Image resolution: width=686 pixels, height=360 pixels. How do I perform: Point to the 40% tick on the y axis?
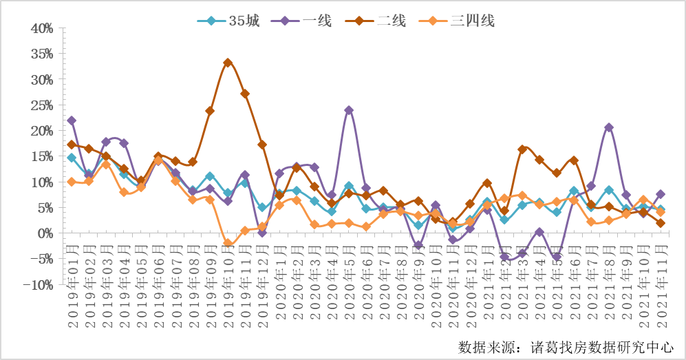point(41,28)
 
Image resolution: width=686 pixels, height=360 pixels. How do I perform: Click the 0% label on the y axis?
point(45,234)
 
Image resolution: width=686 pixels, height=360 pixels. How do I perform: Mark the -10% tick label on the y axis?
point(39,285)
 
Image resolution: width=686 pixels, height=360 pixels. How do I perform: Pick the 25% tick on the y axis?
point(41,105)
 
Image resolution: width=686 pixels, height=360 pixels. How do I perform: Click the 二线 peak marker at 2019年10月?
point(228,63)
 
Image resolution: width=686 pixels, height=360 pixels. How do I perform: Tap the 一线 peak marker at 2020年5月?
point(349,110)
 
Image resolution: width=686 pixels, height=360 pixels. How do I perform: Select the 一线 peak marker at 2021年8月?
point(609,127)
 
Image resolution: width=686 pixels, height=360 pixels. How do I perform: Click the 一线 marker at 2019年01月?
point(72,120)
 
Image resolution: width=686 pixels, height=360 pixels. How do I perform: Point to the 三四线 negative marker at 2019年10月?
point(228,243)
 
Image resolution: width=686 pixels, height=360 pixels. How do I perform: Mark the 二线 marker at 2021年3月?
point(522,149)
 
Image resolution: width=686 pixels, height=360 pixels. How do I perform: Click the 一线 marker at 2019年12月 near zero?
point(262,233)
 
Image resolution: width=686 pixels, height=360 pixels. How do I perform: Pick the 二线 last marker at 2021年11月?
point(661,223)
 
